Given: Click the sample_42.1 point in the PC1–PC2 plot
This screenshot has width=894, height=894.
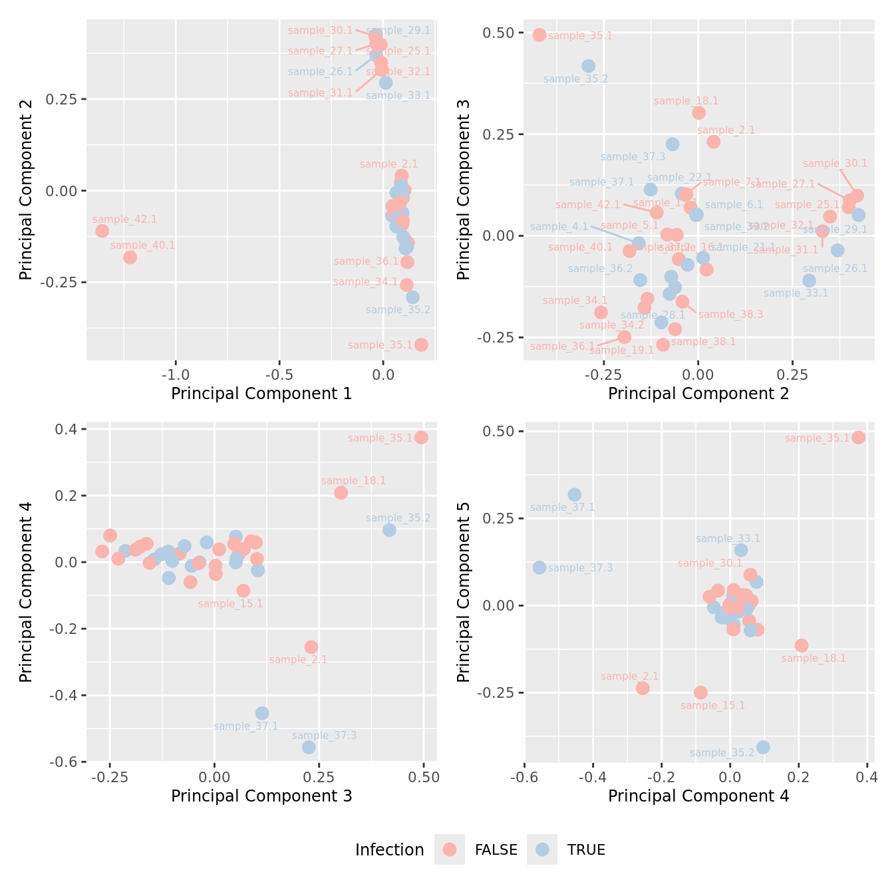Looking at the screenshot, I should coord(102,231).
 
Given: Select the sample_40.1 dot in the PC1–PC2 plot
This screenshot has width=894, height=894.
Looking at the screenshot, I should coord(130,257).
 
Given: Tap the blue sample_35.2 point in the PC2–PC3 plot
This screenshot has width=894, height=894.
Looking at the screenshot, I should coord(588,66).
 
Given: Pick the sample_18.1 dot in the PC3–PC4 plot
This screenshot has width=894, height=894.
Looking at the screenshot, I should coord(341,493).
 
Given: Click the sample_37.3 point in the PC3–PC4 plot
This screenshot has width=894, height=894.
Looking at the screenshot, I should coord(309,747).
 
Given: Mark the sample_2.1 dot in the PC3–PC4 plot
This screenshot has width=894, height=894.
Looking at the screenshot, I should coord(311,647).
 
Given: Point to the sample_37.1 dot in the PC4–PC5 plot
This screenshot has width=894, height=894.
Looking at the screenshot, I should coord(574,495).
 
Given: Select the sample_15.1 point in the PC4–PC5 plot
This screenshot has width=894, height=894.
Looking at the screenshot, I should coord(700,692).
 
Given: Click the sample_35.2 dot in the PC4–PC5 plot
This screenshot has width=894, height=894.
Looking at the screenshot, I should coord(763,747).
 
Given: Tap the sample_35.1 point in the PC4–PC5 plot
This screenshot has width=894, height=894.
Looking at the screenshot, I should coord(858,437).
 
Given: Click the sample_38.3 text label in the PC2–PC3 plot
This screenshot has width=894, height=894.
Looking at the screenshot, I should coord(730,314).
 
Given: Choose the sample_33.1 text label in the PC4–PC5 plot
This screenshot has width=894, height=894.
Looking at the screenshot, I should coord(728,539).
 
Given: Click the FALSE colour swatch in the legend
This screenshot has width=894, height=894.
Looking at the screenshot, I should coord(450,849).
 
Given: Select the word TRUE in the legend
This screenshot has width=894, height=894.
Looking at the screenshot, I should coord(586,850).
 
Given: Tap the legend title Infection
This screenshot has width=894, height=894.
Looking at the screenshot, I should coord(389,850).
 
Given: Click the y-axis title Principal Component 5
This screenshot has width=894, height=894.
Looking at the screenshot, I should coord(464,591).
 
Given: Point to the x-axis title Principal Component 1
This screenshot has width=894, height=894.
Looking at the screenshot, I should coord(261,394).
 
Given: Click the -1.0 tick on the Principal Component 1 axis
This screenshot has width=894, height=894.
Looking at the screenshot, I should coord(176,373).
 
